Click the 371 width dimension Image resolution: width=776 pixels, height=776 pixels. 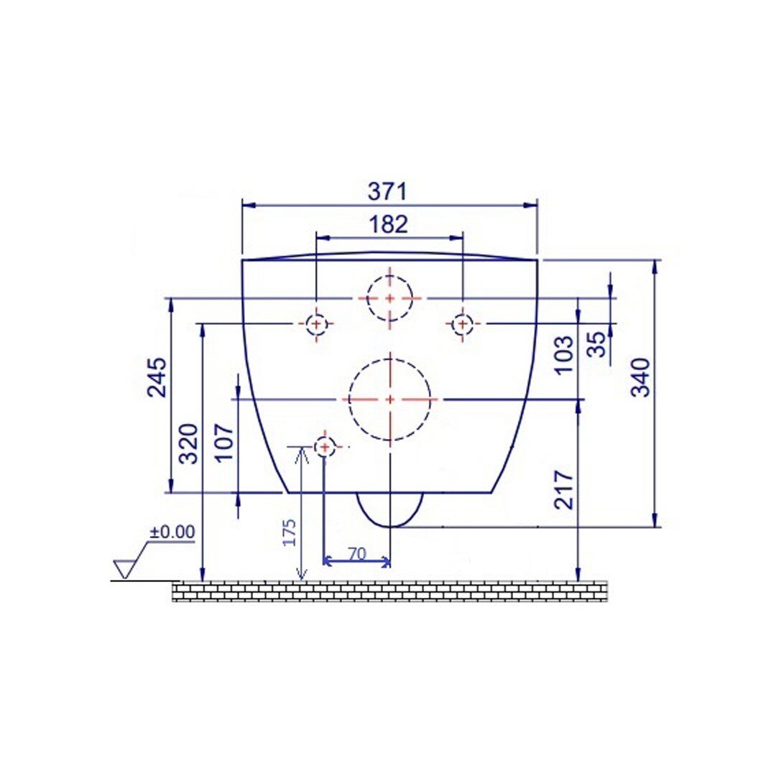click(387, 192)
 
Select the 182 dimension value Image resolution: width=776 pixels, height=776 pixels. click(389, 224)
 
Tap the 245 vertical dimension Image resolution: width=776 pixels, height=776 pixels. click(158, 377)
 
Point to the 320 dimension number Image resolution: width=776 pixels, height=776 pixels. click(188, 443)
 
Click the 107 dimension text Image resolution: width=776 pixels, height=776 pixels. click(225, 442)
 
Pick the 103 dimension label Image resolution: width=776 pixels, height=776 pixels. click(564, 355)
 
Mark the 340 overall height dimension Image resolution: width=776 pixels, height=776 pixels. click(641, 377)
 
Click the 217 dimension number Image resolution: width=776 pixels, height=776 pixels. click(564, 490)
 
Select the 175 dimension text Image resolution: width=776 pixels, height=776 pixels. click(289, 532)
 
